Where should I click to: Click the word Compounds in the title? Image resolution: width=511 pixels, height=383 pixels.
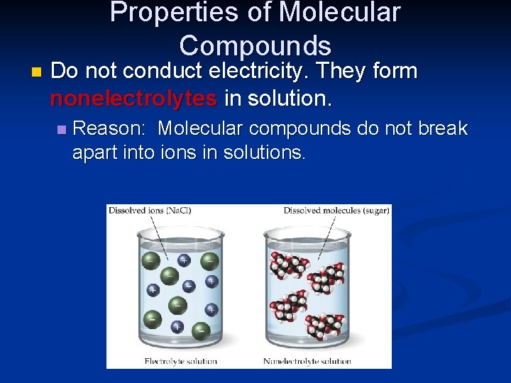255,45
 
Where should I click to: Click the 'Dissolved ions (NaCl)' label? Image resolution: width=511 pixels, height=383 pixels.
150,210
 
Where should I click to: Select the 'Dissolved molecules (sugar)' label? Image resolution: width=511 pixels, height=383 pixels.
336,210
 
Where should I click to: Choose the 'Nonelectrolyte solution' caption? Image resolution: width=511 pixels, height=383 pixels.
307,361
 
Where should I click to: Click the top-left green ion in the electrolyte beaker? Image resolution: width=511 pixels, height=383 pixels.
150,261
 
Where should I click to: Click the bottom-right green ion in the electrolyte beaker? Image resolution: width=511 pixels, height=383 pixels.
201,330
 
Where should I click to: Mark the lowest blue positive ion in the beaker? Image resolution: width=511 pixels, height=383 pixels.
177,327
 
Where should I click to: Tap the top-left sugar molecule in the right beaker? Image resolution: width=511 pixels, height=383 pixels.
285,265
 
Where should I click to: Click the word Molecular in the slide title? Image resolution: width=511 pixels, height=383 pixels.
339,12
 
